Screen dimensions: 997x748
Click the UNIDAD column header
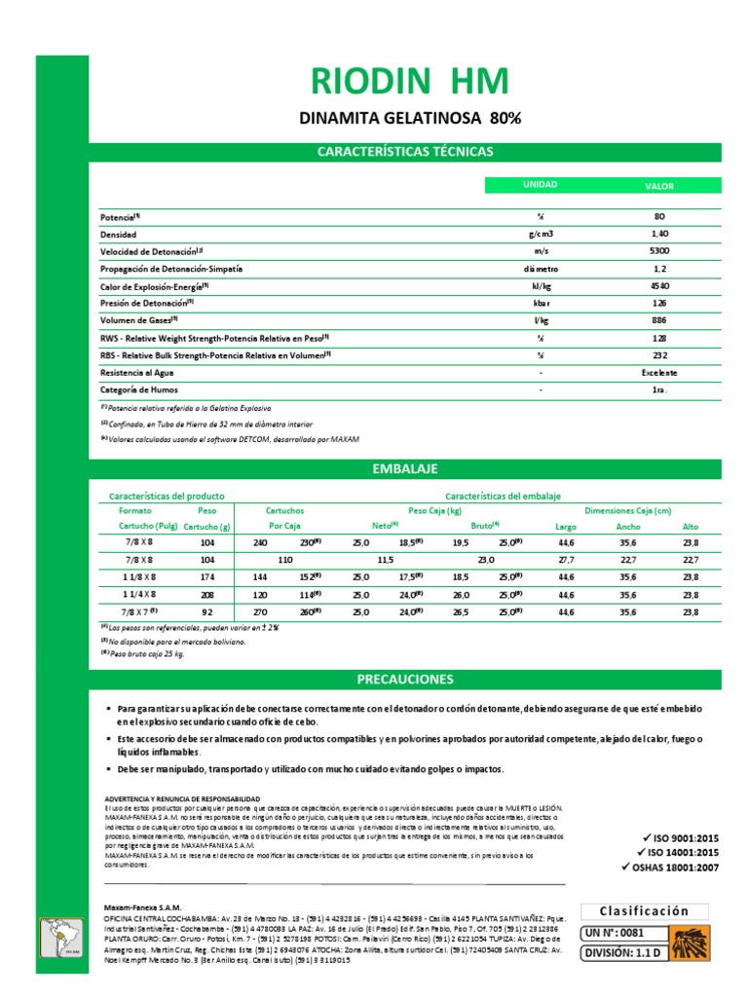click(x=540, y=185)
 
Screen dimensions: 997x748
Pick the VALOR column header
click(x=659, y=185)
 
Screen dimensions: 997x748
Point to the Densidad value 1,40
click(x=659, y=235)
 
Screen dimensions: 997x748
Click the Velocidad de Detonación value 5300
click(x=659, y=251)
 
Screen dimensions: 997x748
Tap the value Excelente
click(x=659, y=373)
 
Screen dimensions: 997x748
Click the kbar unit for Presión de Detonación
click(x=540, y=303)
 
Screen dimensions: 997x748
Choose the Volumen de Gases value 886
click(x=659, y=320)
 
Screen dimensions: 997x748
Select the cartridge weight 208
click(x=206, y=593)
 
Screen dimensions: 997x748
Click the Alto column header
click(x=691, y=527)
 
